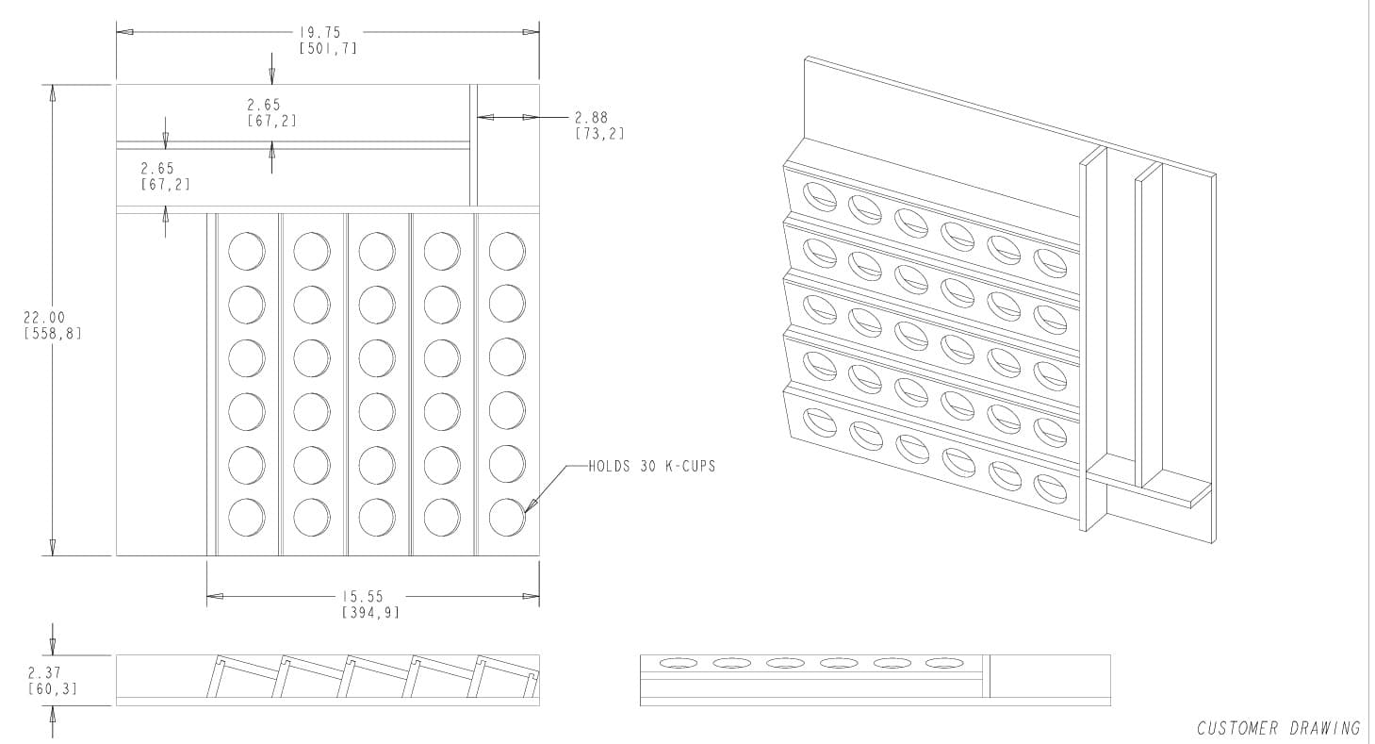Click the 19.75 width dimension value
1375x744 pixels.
(319, 32)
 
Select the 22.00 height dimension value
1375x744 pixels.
(44, 318)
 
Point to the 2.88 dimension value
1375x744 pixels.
(591, 118)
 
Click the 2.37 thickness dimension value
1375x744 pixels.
(44, 673)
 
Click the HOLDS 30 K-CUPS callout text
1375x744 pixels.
(651, 466)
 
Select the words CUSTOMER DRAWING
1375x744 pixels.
(1278, 728)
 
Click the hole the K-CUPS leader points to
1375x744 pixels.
(507, 517)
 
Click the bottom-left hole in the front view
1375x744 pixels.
(246, 517)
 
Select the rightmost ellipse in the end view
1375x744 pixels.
(942, 663)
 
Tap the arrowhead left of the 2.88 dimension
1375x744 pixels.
(484, 117)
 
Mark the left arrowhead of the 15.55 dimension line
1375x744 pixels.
(214, 596)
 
